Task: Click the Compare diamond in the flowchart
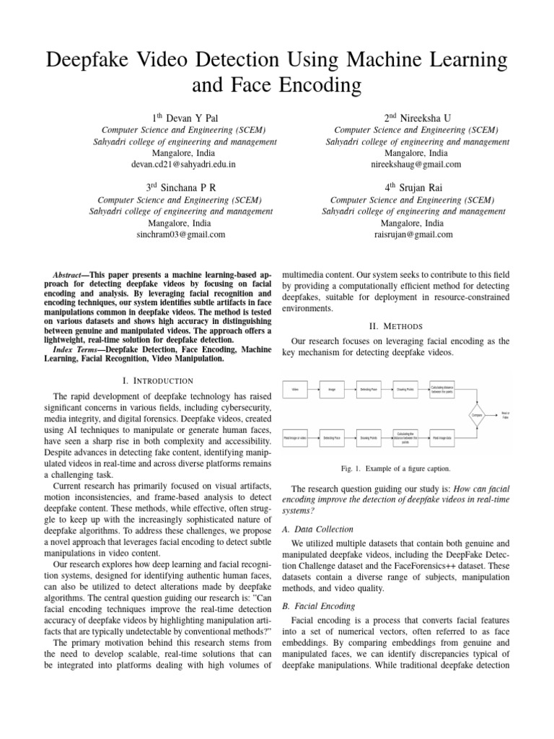(x=476, y=416)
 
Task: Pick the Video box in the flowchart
(x=295, y=389)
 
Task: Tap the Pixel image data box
(x=442, y=437)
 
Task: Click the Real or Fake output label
(x=505, y=416)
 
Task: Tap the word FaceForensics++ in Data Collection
(x=393, y=565)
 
